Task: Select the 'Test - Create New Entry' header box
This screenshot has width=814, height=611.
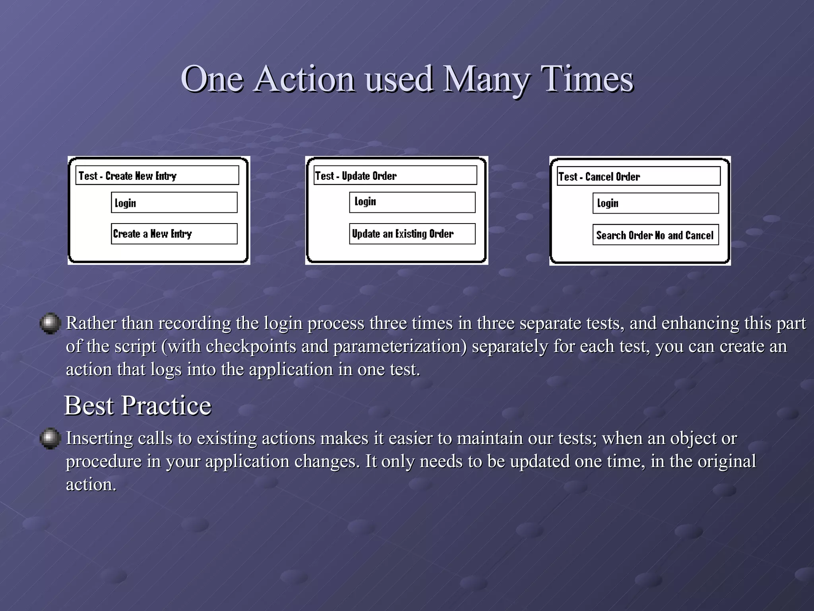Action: point(157,175)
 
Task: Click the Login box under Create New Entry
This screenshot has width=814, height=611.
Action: point(174,203)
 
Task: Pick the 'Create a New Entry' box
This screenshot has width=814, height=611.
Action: point(174,234)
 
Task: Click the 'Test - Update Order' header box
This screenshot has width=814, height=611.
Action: point(395,175)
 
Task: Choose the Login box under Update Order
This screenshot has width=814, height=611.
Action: point(412,202)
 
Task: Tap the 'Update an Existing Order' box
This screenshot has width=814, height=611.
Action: point(412,234)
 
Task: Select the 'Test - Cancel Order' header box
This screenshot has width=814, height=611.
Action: point(639,176)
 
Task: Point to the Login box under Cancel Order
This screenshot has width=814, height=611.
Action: point(655,203)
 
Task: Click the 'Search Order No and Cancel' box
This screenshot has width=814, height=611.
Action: point(655,235)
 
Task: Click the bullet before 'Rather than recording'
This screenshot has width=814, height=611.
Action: point(50,323)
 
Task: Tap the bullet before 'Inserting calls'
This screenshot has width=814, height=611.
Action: point(50,438)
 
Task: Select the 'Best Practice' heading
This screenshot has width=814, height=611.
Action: point(138,406)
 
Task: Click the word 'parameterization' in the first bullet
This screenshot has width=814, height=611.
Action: point(400,346)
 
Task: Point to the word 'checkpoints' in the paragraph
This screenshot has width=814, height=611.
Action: point(251,346)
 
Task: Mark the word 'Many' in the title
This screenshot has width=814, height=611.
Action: point(485,80)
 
